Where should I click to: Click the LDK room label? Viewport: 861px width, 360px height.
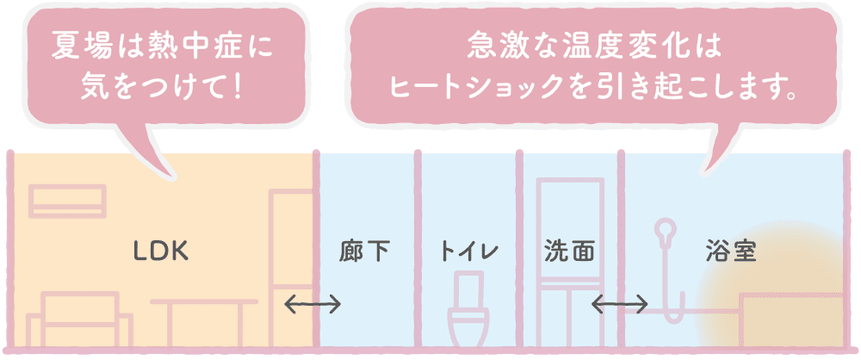tap(162, 252)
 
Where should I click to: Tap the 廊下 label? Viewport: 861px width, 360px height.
tap(364, 252)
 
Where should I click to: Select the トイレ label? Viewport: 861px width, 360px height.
tap(468, 252)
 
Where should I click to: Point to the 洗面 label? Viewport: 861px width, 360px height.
tap(569, 252)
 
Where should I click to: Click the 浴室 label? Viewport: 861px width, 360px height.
tap(731, 252)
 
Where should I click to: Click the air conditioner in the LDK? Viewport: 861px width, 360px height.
tap(68, 202)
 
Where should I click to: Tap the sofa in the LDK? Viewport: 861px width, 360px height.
tap(79, 320)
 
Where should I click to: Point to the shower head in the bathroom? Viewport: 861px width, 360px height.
tap(666, 228)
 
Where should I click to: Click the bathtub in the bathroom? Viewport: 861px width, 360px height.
tap(791, 321)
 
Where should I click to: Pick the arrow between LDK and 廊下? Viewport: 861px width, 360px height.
tap(313, 303)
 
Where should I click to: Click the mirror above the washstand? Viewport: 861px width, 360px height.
tap(570, 231)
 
